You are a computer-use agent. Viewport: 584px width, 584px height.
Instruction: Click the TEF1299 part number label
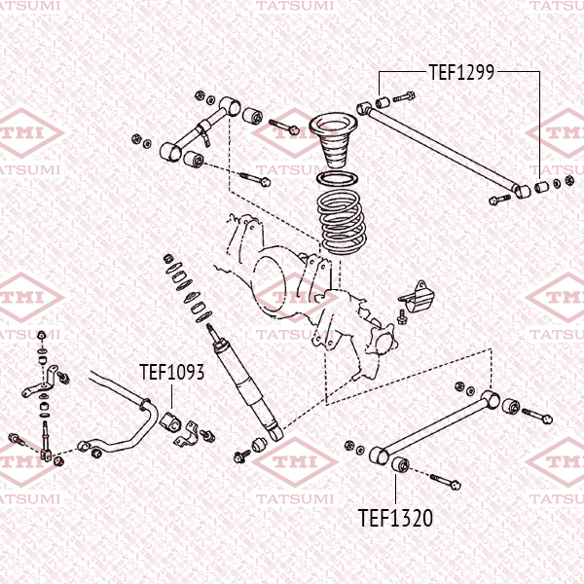pos(462,71)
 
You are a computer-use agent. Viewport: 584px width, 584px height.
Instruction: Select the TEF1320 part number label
pos(395,518)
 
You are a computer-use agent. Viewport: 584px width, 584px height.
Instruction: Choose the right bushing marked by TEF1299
pos(541,185)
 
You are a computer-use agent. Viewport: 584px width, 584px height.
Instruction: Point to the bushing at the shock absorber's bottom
pos(259,444)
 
